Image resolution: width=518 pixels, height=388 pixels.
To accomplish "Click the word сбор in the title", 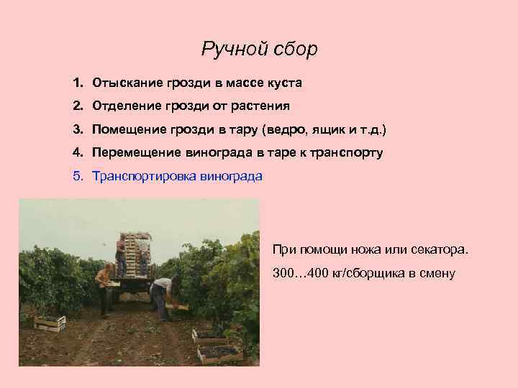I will (296, 49).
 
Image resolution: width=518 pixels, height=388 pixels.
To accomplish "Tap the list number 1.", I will (77, 83).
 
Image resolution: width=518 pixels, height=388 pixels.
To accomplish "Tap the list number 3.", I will (77, 129).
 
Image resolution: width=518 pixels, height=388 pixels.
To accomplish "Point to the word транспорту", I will (346, 152).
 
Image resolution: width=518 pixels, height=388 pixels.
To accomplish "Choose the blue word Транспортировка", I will (139, 175).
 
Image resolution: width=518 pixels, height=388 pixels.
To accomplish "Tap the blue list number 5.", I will (77, 175).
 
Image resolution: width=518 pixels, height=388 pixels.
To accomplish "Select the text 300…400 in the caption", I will (300, 273).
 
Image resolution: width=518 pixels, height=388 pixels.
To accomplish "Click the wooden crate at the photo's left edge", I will (50, 323).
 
